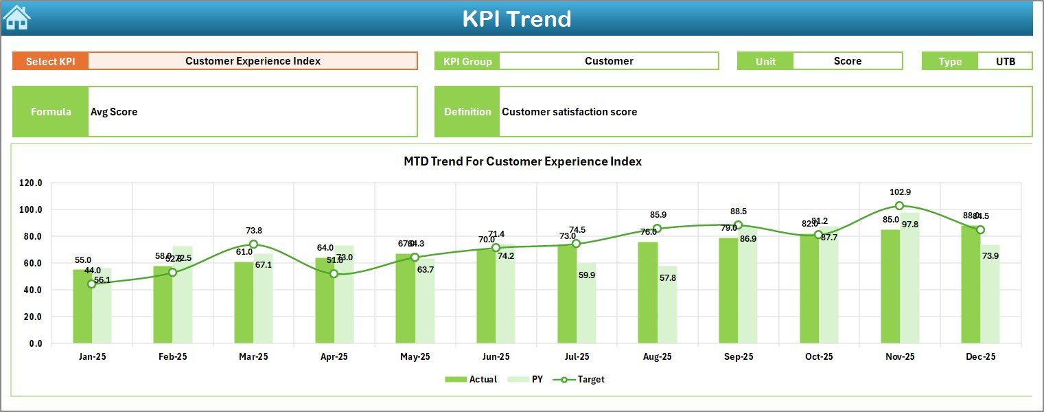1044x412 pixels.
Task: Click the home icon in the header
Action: coord(16,17)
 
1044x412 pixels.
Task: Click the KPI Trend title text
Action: coord(516,19)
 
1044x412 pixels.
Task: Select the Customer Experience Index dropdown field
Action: coord(253,61)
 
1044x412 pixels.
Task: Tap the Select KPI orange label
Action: coord(51,61)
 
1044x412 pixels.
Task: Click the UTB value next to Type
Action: coord(1005,61)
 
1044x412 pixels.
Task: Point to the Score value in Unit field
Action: coord(847,61)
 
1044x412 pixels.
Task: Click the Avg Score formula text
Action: coord(114,112)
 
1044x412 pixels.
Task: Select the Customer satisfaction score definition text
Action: coord(569,112)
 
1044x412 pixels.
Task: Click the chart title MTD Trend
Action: coord(522,162)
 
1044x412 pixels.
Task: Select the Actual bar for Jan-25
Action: coord(82,306)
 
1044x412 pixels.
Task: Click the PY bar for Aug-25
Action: coord(667,305)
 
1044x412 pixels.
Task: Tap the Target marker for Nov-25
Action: coord(899,206)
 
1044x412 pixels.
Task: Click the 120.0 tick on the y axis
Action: coord(31,183)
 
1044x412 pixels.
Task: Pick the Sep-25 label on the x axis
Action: coord(738,357)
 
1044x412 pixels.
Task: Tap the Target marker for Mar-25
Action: coord(253,244)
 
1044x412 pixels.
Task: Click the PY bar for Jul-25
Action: coord(586,303)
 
